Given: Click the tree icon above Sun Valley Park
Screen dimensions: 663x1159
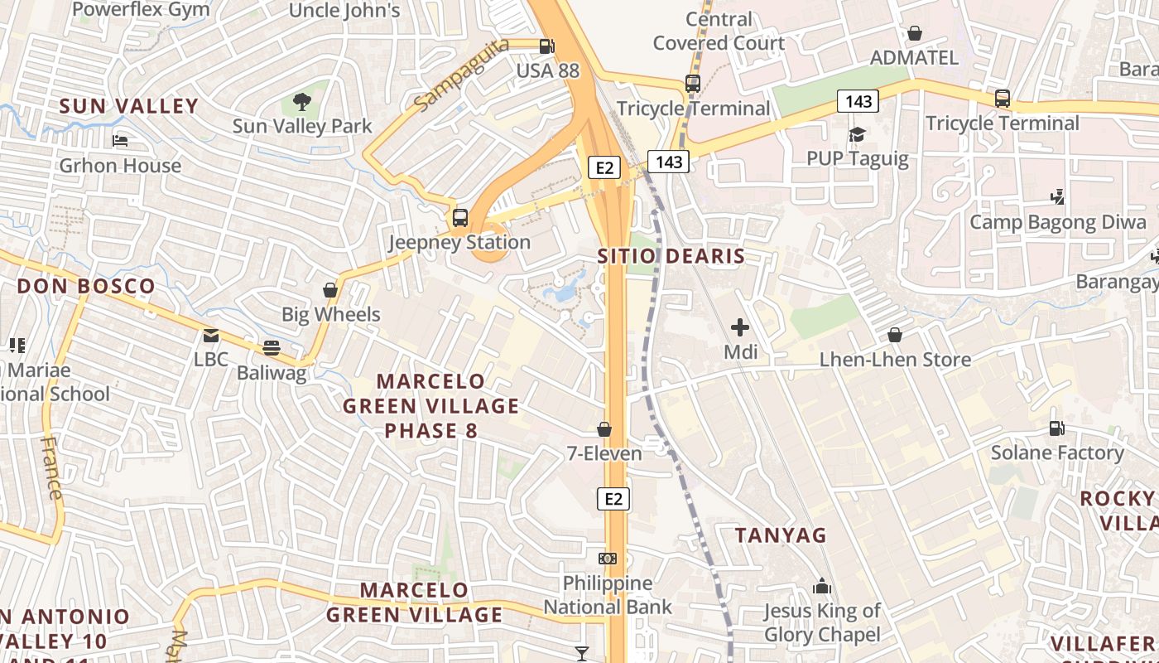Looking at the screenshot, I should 302,102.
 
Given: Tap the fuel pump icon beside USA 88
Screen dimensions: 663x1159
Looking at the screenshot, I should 546,46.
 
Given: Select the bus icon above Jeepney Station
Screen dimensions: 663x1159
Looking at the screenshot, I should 460,218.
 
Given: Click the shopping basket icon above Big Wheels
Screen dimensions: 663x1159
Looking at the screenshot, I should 330,290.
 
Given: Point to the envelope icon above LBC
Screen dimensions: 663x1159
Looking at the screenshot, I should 210,336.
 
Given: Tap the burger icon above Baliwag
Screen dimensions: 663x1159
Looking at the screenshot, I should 272,348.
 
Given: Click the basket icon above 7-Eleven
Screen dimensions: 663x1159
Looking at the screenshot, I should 604,429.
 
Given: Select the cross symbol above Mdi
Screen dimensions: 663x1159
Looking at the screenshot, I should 740,327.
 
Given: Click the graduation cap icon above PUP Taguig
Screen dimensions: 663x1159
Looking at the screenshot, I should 857,133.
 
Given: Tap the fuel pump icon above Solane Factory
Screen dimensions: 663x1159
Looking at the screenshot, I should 1057,428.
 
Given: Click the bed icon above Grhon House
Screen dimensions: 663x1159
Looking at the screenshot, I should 120,141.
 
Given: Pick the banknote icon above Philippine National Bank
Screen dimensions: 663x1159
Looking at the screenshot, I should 608,559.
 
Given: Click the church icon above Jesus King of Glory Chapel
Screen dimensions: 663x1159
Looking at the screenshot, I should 821,587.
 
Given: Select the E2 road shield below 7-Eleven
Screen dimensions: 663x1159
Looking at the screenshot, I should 613,499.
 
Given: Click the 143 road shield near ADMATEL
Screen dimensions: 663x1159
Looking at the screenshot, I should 858,101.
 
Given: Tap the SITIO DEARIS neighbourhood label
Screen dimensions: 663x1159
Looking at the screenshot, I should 671,256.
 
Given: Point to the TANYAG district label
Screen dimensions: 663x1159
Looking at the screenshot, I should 781,535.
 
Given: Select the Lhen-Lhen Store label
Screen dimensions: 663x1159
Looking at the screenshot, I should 895,360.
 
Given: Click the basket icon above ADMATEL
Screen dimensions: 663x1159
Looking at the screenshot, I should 915,33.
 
